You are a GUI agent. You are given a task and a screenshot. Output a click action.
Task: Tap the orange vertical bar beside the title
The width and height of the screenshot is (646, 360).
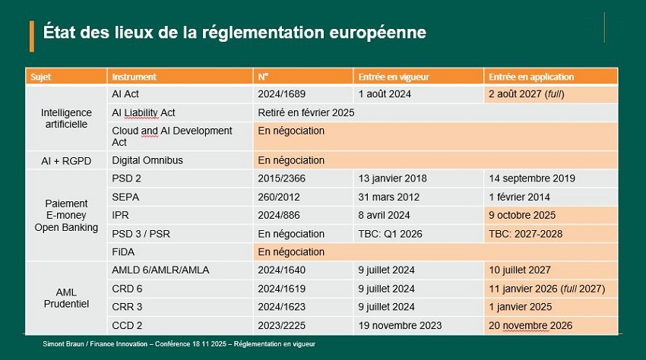point(31,36)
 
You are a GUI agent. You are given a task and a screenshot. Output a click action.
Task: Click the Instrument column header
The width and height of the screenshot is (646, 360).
point(135,77)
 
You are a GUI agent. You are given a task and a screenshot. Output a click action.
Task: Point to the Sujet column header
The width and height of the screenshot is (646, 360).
point(41,77)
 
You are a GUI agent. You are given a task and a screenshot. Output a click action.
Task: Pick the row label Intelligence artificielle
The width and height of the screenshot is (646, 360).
point(66,118)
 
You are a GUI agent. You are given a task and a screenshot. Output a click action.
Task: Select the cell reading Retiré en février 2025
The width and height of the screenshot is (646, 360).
point(306,112)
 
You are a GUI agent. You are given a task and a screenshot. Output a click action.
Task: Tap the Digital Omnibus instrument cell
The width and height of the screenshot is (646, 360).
point(147,160)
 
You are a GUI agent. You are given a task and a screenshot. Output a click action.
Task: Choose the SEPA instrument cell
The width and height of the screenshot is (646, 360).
point(125,197)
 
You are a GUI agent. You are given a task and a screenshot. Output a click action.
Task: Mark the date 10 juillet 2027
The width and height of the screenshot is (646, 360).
point(520,270)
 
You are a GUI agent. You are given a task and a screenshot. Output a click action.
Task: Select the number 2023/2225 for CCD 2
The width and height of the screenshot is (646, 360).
point(283,325)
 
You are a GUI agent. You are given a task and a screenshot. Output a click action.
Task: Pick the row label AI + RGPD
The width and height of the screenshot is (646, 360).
point(66,160)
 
